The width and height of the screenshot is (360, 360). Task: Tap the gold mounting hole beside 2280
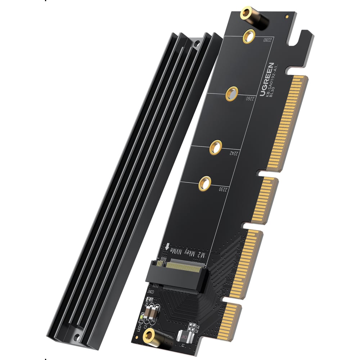click(249, 36)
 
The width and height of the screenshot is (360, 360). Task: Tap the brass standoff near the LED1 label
click(148, 337)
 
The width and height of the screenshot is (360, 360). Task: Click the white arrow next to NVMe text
click(167, 248)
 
